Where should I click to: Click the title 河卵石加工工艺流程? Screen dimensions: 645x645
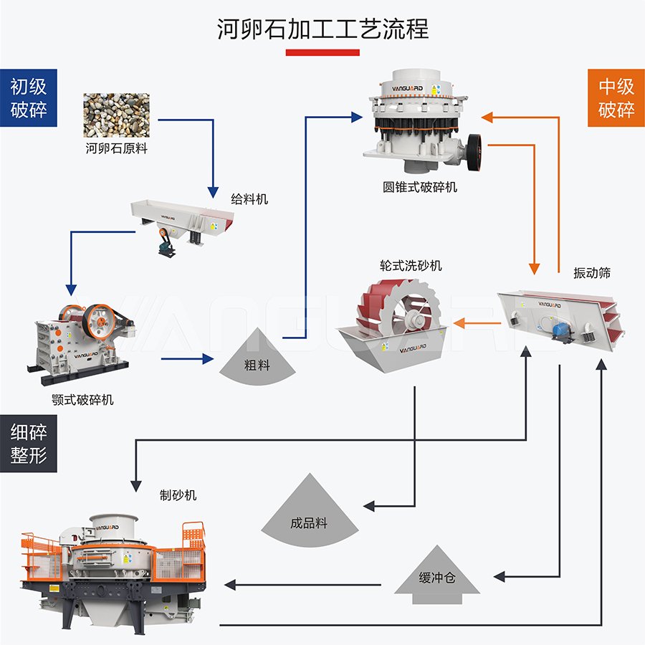tap(322, 29)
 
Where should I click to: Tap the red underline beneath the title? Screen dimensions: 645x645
tap(322, 52)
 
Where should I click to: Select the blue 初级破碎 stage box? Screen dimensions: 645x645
tap(29, 98)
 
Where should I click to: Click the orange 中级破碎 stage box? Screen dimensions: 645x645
tap(616, 98)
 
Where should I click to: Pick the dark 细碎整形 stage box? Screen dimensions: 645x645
tap(29, 443)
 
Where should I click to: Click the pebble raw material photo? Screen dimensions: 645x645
tap(117, 115)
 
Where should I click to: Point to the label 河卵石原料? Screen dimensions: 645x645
tap(117, 149)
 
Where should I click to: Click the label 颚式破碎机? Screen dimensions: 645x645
tap(85, 399)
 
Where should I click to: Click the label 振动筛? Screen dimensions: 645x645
tap(592, 273)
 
